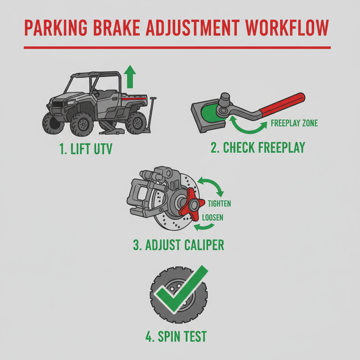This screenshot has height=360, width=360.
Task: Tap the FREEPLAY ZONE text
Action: pos(295,123)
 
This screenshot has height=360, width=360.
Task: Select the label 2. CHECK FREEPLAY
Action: pos(258,148)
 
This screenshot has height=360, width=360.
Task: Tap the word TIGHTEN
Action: pos(219,204)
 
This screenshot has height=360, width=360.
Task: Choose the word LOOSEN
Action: pos(212,218)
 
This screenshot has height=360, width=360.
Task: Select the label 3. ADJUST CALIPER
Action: pos(178,245)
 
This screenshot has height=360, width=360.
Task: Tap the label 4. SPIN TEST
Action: pos(176,336)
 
